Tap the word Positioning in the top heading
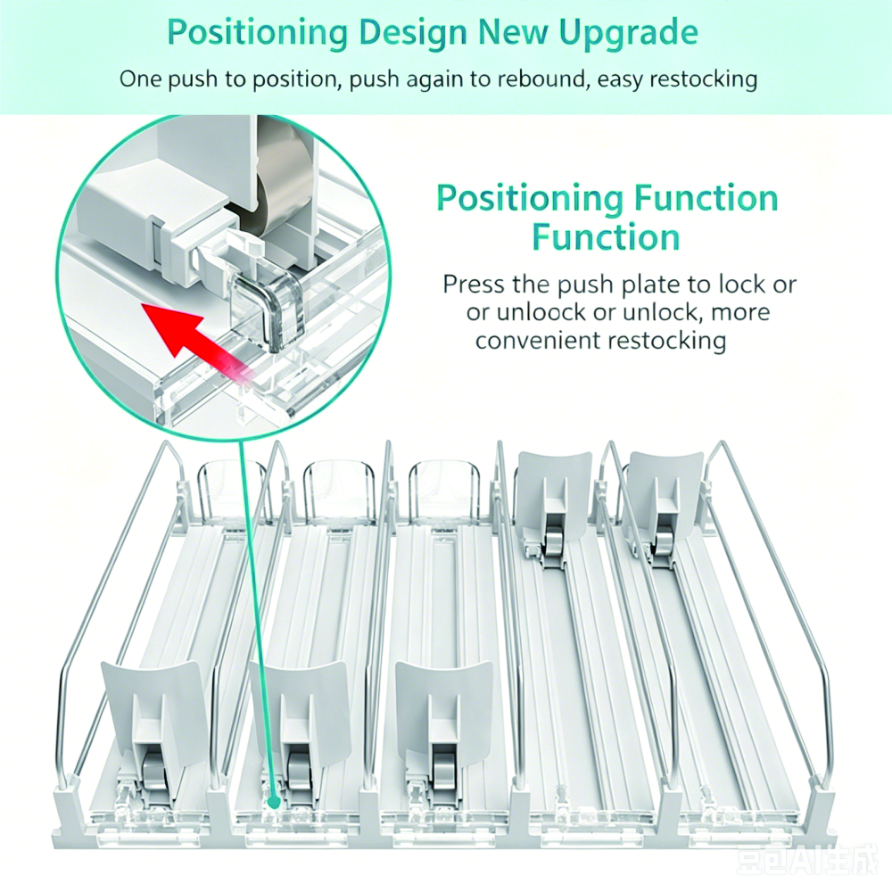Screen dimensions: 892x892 click(257, 33)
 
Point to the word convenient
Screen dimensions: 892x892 click(538, 340)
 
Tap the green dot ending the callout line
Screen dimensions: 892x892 click(274, 803)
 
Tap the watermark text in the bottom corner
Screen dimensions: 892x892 click(806, 860)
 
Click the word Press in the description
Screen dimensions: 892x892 click(474, 284)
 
